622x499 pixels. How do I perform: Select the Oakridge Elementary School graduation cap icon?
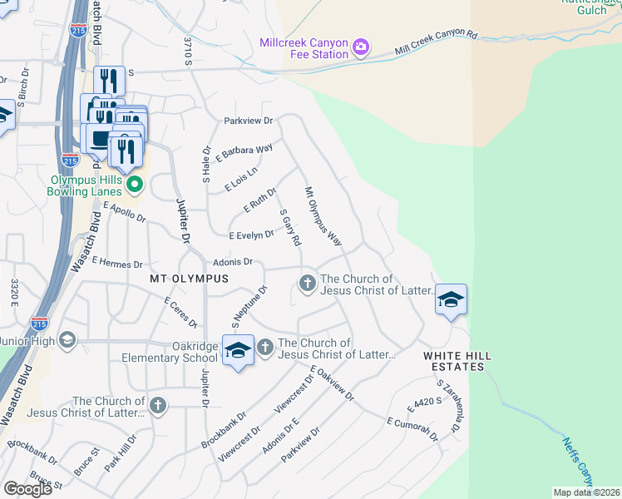pyautogui.click(x=237, y=352)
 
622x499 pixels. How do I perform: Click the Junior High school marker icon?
pyautogui.click(x=66, y=340)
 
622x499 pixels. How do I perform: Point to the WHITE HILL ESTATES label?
pyautogui.click(x=457, y=356)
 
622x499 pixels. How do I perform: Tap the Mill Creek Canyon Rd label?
pyautogui.click(x=437, y=43)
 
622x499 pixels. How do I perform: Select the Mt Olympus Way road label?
pyautogui.click(x=323, y=216)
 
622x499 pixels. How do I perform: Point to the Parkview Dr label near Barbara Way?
pyautogui.click(x=248, y=121)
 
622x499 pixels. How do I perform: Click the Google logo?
pyautogui.click(x=27, y=488)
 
